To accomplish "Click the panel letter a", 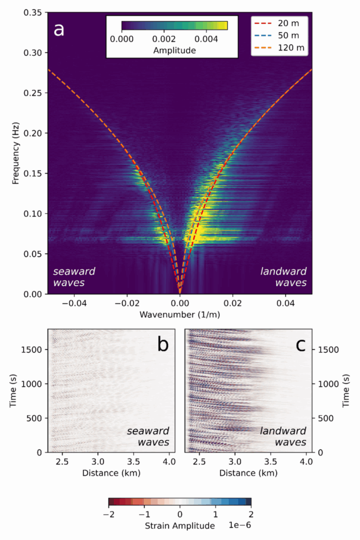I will [59, 29].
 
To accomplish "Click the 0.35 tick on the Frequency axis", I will [33, 13].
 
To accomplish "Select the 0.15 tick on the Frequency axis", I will [33, 173].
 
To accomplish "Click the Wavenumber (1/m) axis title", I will [180, 315].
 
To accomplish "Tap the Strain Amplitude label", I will [180, 526].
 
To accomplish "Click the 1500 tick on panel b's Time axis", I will [34, 349].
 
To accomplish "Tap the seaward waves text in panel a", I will [74, 277].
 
